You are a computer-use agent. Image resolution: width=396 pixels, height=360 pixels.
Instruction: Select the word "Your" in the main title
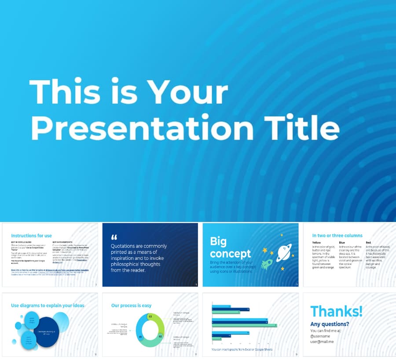187,93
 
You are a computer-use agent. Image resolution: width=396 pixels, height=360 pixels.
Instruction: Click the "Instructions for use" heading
31,236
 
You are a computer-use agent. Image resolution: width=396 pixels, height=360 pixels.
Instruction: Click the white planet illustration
284,253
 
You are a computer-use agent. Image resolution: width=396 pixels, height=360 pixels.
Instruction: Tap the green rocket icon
267,264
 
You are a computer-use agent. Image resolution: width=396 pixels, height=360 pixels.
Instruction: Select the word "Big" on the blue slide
218,241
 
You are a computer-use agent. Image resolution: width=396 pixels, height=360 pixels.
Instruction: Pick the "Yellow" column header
317,243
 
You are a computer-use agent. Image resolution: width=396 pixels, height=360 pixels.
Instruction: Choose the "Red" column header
368,243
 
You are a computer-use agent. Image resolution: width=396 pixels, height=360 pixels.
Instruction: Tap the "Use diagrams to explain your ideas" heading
48,305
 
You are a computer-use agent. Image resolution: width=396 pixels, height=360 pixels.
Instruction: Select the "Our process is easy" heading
132,305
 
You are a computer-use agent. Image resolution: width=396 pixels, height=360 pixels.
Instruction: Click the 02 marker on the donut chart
160,336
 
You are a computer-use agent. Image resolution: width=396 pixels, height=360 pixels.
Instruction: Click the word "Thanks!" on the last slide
336,311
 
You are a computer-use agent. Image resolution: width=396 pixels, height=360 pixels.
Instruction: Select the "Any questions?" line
329,324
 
